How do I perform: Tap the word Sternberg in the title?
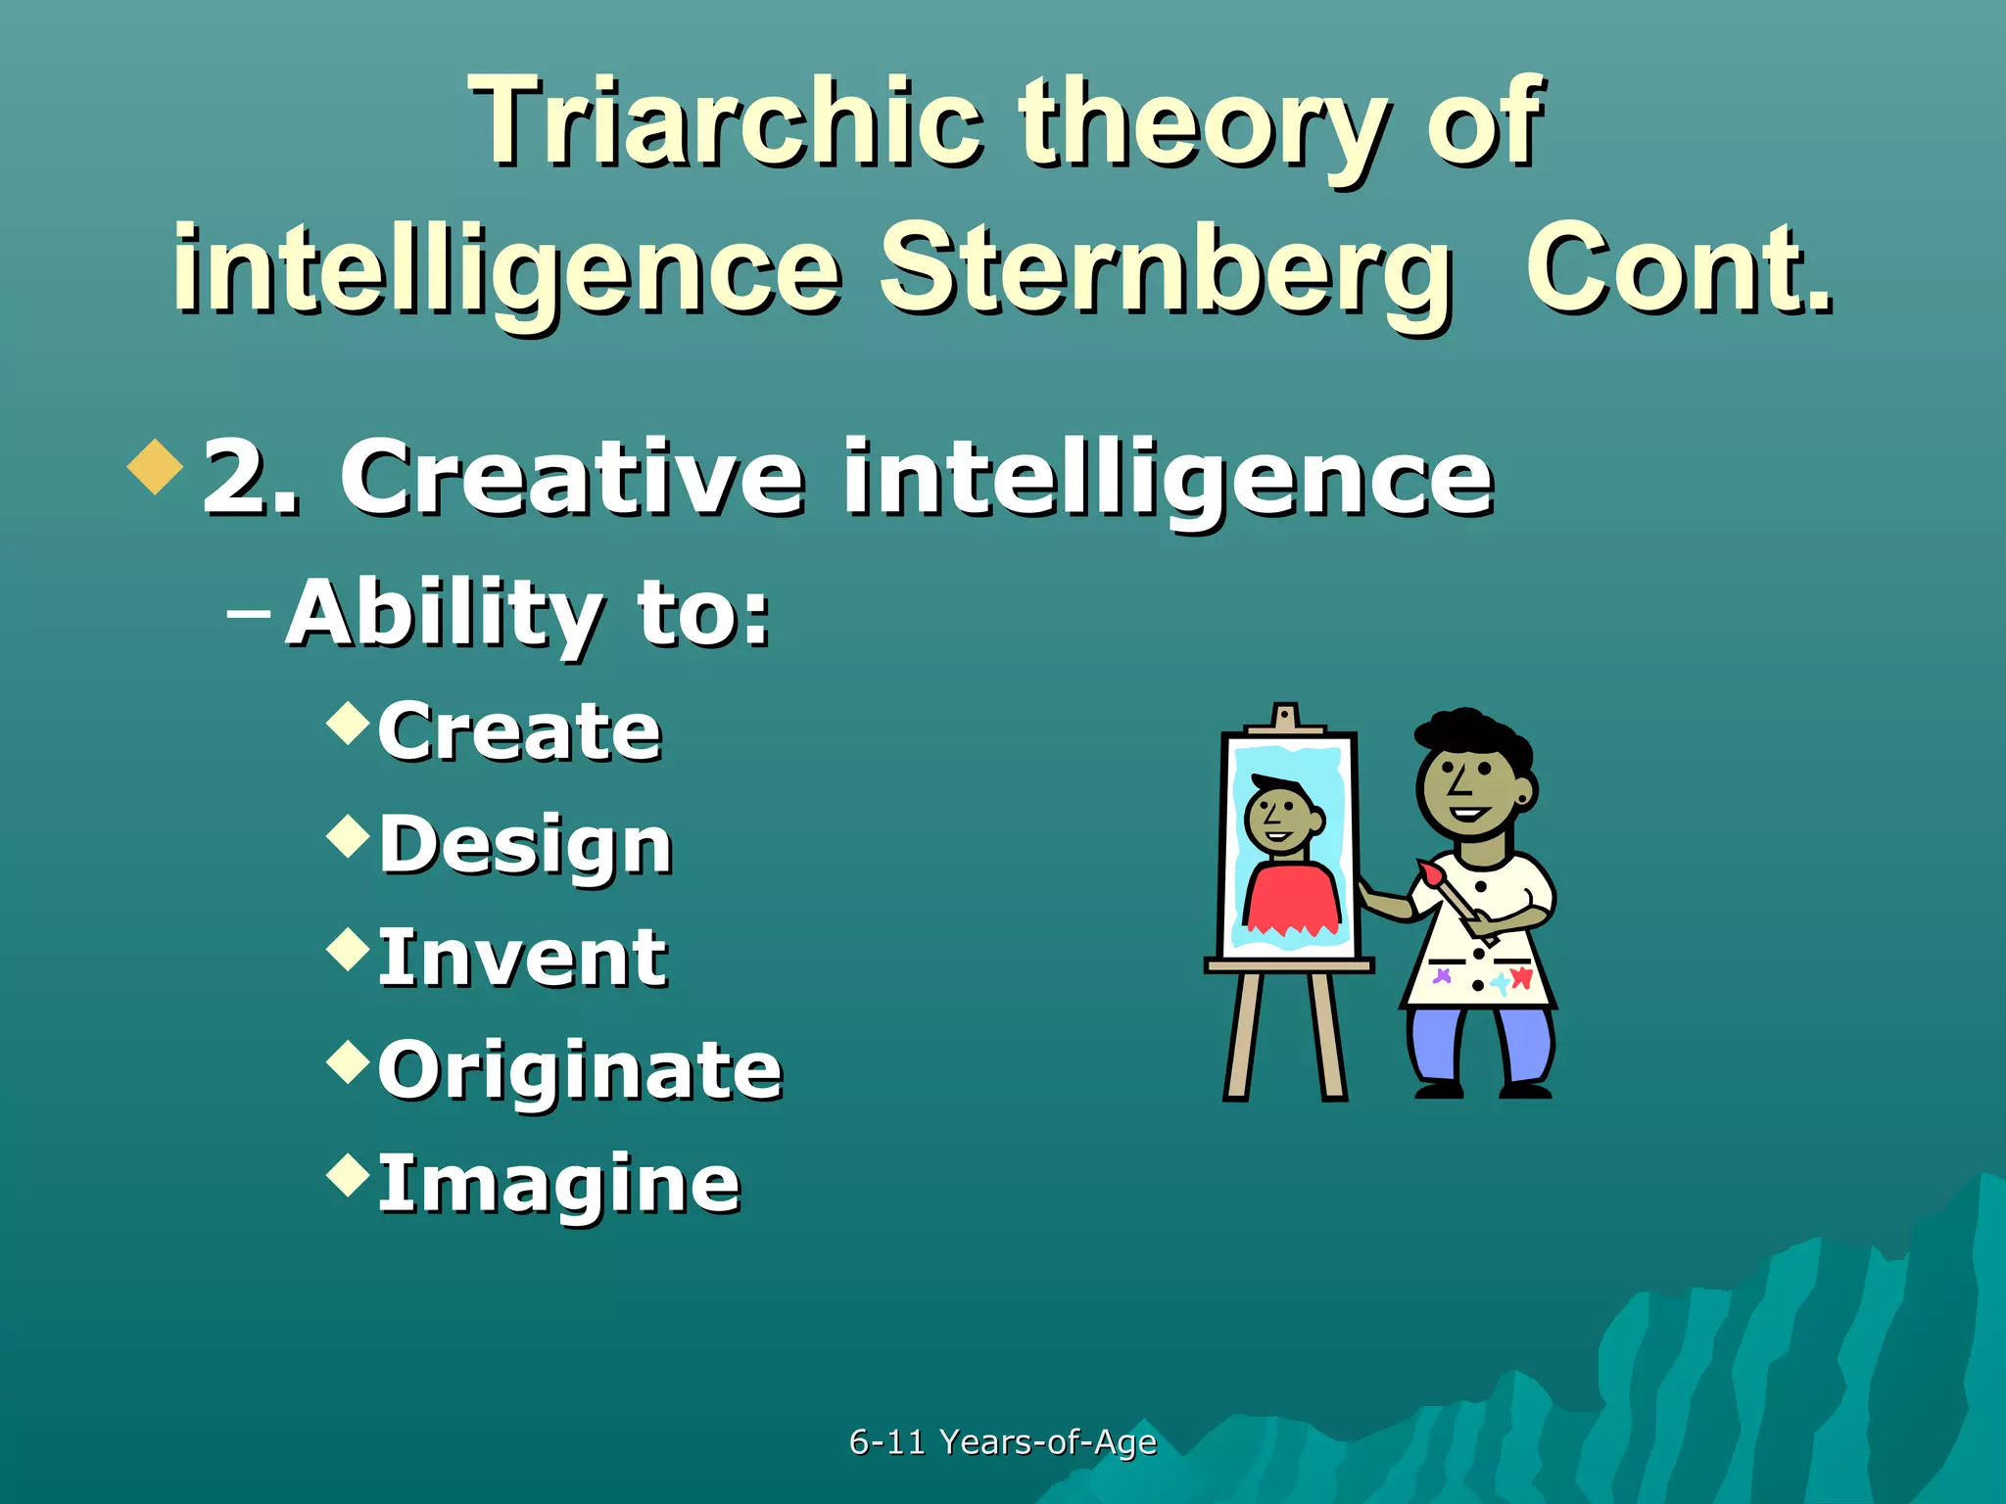[x=1166, y=269]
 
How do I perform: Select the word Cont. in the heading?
[x=1679, y=269]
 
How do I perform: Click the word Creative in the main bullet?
[x=573, y=477]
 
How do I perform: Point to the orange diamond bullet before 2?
[x=156, y=467]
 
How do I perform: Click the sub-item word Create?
[x=519, y=731]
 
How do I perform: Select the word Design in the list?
[x=525, y=845]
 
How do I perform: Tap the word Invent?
[x=522, y=958]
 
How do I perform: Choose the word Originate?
[x=580, y=1070]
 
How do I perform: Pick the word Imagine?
[x=558, y=1184]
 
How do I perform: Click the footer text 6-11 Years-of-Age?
[x=1002, y=1441]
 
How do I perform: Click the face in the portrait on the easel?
[x=1280, y=818]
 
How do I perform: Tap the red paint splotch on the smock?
[x=1521, y=977]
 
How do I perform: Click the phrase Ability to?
[x=528, y=614]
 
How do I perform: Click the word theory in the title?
[x=1204, y=121]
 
